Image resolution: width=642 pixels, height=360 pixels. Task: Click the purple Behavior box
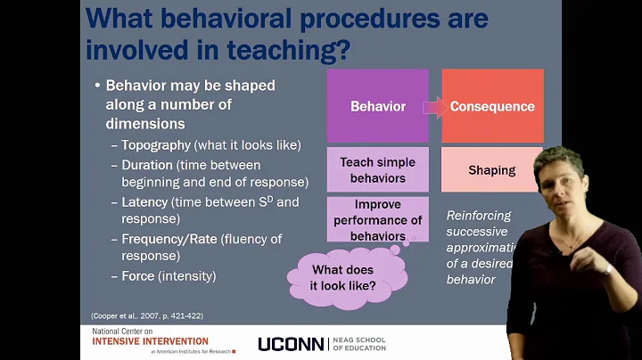coord(378,106)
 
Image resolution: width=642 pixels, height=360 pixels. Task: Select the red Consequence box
coord(492,106)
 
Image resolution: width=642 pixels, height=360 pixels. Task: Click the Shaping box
coord(491,170)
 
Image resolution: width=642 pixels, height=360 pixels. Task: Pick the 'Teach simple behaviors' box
coord(378,170)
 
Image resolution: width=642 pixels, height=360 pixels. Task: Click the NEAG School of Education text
coord(359,344)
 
